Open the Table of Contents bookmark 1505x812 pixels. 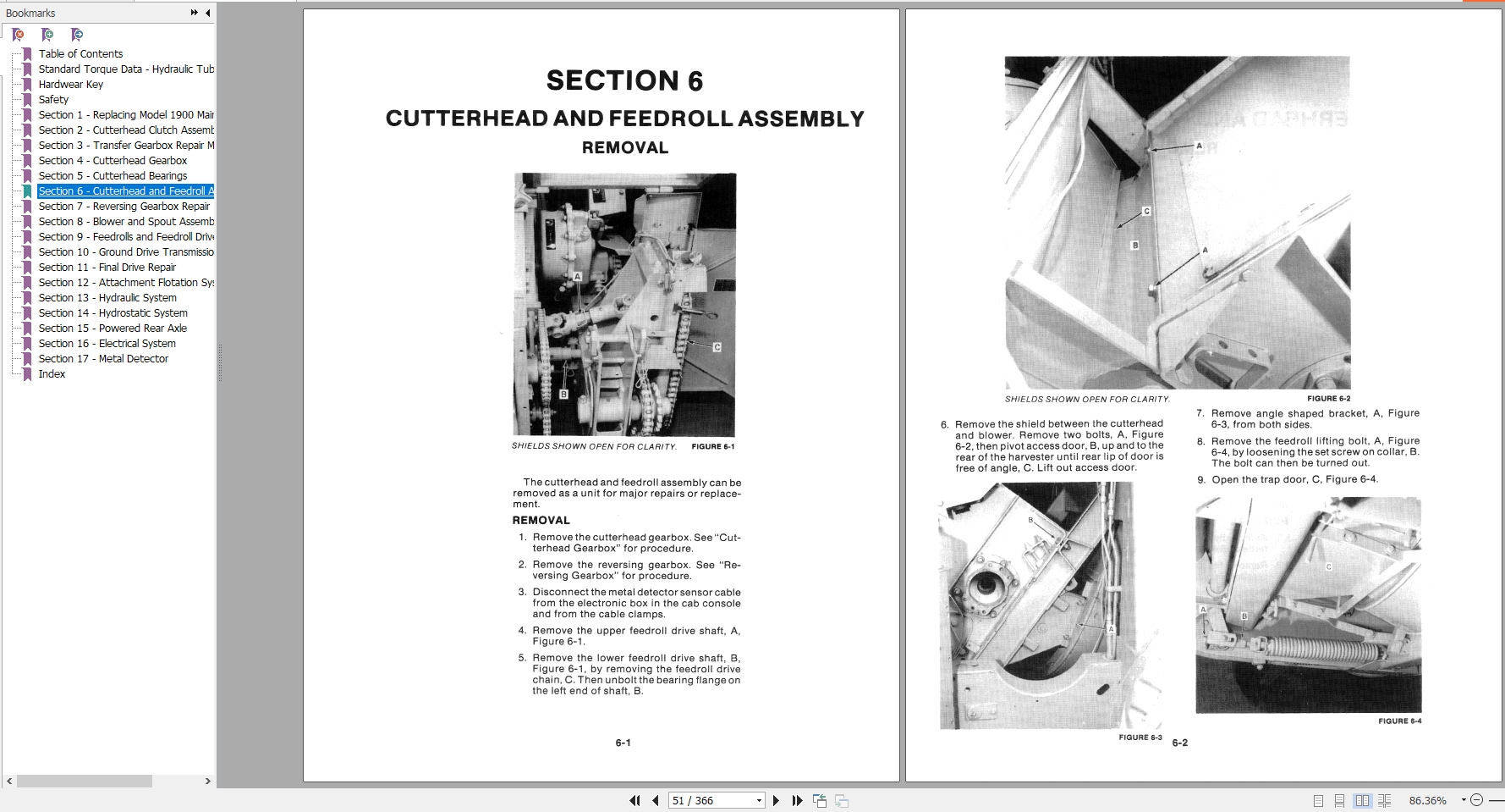click(x=80, y=53)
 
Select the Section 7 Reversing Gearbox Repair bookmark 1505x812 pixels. click(x=124, y=206)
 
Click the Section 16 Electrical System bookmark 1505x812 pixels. click(x=107, y=343)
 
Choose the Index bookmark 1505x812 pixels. click(x=52, y=373)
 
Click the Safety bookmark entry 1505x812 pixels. click(x=53, y=99)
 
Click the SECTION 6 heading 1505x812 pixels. click(x=624, y=81)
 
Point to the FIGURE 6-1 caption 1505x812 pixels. click(x=712, y=446)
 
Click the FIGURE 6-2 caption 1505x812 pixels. click(x=1328, y=398)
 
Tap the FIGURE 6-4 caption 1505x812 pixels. click(x=1399, y=721)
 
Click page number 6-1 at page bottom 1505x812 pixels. click(x=623, y=743)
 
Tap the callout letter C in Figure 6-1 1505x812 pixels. click(x=717, y=347)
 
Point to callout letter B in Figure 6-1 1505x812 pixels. click(x=563, y=395)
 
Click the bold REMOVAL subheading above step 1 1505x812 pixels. click(x=541, y=520)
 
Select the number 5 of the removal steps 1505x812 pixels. click(x=522, y=658)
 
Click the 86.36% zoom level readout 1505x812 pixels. click(x=1427, y=800)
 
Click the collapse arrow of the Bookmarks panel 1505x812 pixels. click(x=208, y=13)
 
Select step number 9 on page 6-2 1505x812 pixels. click(x=1200, y=479)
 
